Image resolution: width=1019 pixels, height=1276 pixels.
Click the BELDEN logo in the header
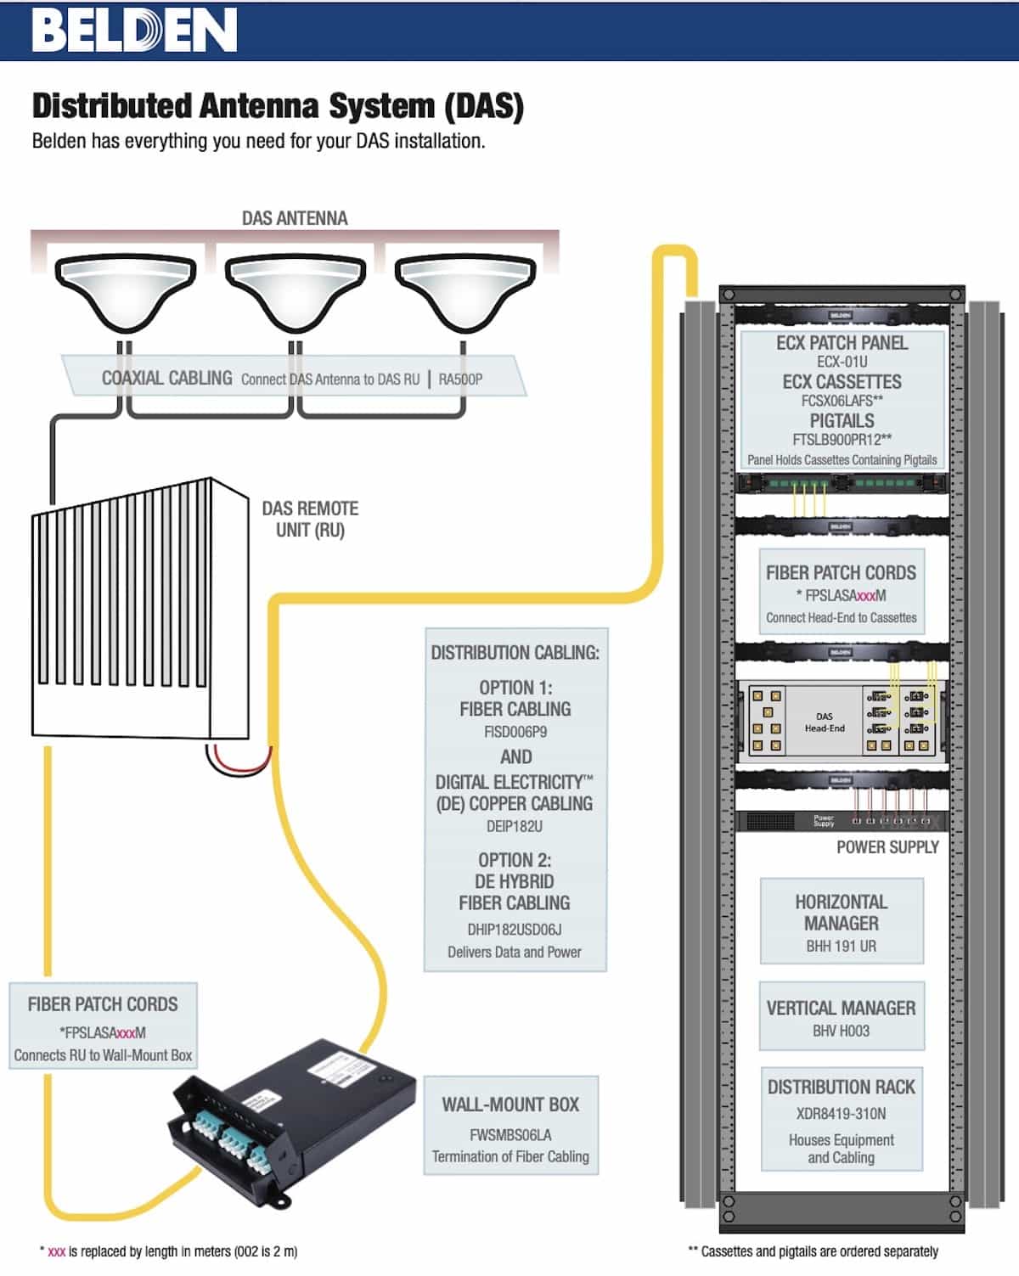click(134, 31)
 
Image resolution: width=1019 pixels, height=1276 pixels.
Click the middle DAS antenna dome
click(295, 292)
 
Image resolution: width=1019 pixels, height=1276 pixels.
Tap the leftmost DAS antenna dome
click(125, 292)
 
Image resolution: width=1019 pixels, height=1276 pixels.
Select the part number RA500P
click(460, 379)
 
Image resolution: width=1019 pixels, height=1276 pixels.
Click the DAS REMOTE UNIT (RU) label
click(310, 520)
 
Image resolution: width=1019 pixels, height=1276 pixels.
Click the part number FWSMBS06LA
click(510, 1134)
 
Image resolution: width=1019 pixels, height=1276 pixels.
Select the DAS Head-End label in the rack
click(825, 722)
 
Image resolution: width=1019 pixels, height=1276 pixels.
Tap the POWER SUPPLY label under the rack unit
click(887, 847)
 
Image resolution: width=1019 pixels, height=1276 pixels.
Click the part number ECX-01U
click(842, 362)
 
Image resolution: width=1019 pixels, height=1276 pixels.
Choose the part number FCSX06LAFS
click(837, 401)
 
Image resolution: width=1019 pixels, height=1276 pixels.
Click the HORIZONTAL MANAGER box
click(842, 922)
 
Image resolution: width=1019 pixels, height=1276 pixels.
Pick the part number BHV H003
click(841, 1031)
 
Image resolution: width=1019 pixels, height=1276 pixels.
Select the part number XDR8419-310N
click(841, 1113)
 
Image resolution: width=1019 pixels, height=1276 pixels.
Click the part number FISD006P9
click(515, 732)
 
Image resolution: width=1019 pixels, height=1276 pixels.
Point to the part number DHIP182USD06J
click(515, 930)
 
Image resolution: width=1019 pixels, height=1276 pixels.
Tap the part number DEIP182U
click(515, 826)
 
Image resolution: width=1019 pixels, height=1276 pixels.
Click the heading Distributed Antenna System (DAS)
click(278, 106)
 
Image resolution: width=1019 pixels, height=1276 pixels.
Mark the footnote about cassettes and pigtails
click(813, 1251)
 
